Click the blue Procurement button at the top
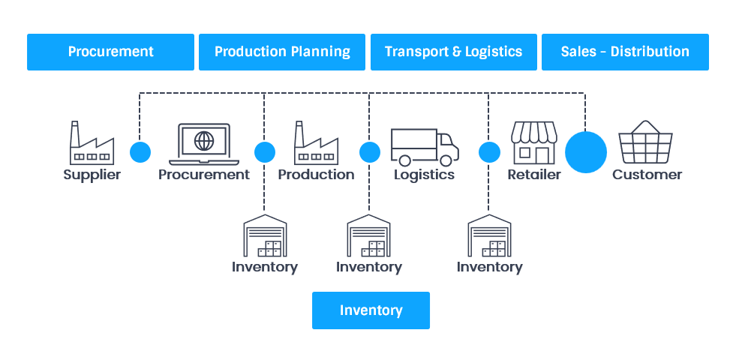(x=110, y=52)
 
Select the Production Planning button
(x=282, y=52)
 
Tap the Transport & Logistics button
(x=453, y=52)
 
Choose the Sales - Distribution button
(x=625, y=52)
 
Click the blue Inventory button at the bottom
(x=371, y=310)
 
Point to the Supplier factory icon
(x=92, y=143)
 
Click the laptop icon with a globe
(x=203, y=144)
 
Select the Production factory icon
(x=316, y=143)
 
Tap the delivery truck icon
(x=424, y=146)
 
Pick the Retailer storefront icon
(x=533, y=142)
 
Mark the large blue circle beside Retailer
(x=585, y=152)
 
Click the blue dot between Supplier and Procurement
(x=140, y=152)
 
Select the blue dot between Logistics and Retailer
(x=489, y=152)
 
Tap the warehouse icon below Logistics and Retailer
(x=489, y=235)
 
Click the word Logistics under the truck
(x=424, y=175)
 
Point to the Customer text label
(x=647, y=175)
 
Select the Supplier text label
(x=92, y=175)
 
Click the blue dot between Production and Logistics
(x=369, y=152)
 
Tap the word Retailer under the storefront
(x=533, y=175)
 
